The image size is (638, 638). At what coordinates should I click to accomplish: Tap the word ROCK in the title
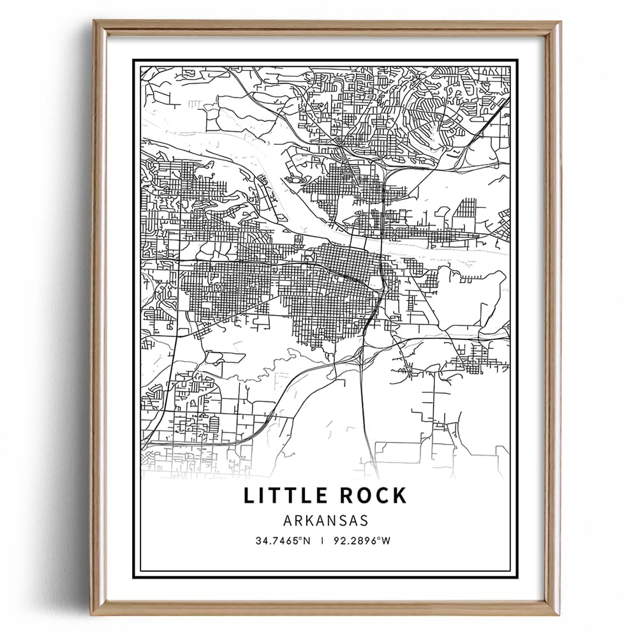371,495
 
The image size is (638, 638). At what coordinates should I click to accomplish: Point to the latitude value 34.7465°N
283,541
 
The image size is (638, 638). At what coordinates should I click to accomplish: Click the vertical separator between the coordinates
323,541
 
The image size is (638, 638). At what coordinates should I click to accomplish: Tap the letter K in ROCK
399,495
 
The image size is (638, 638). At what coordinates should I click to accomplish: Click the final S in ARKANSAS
364,520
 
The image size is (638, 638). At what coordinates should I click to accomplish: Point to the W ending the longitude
386,541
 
